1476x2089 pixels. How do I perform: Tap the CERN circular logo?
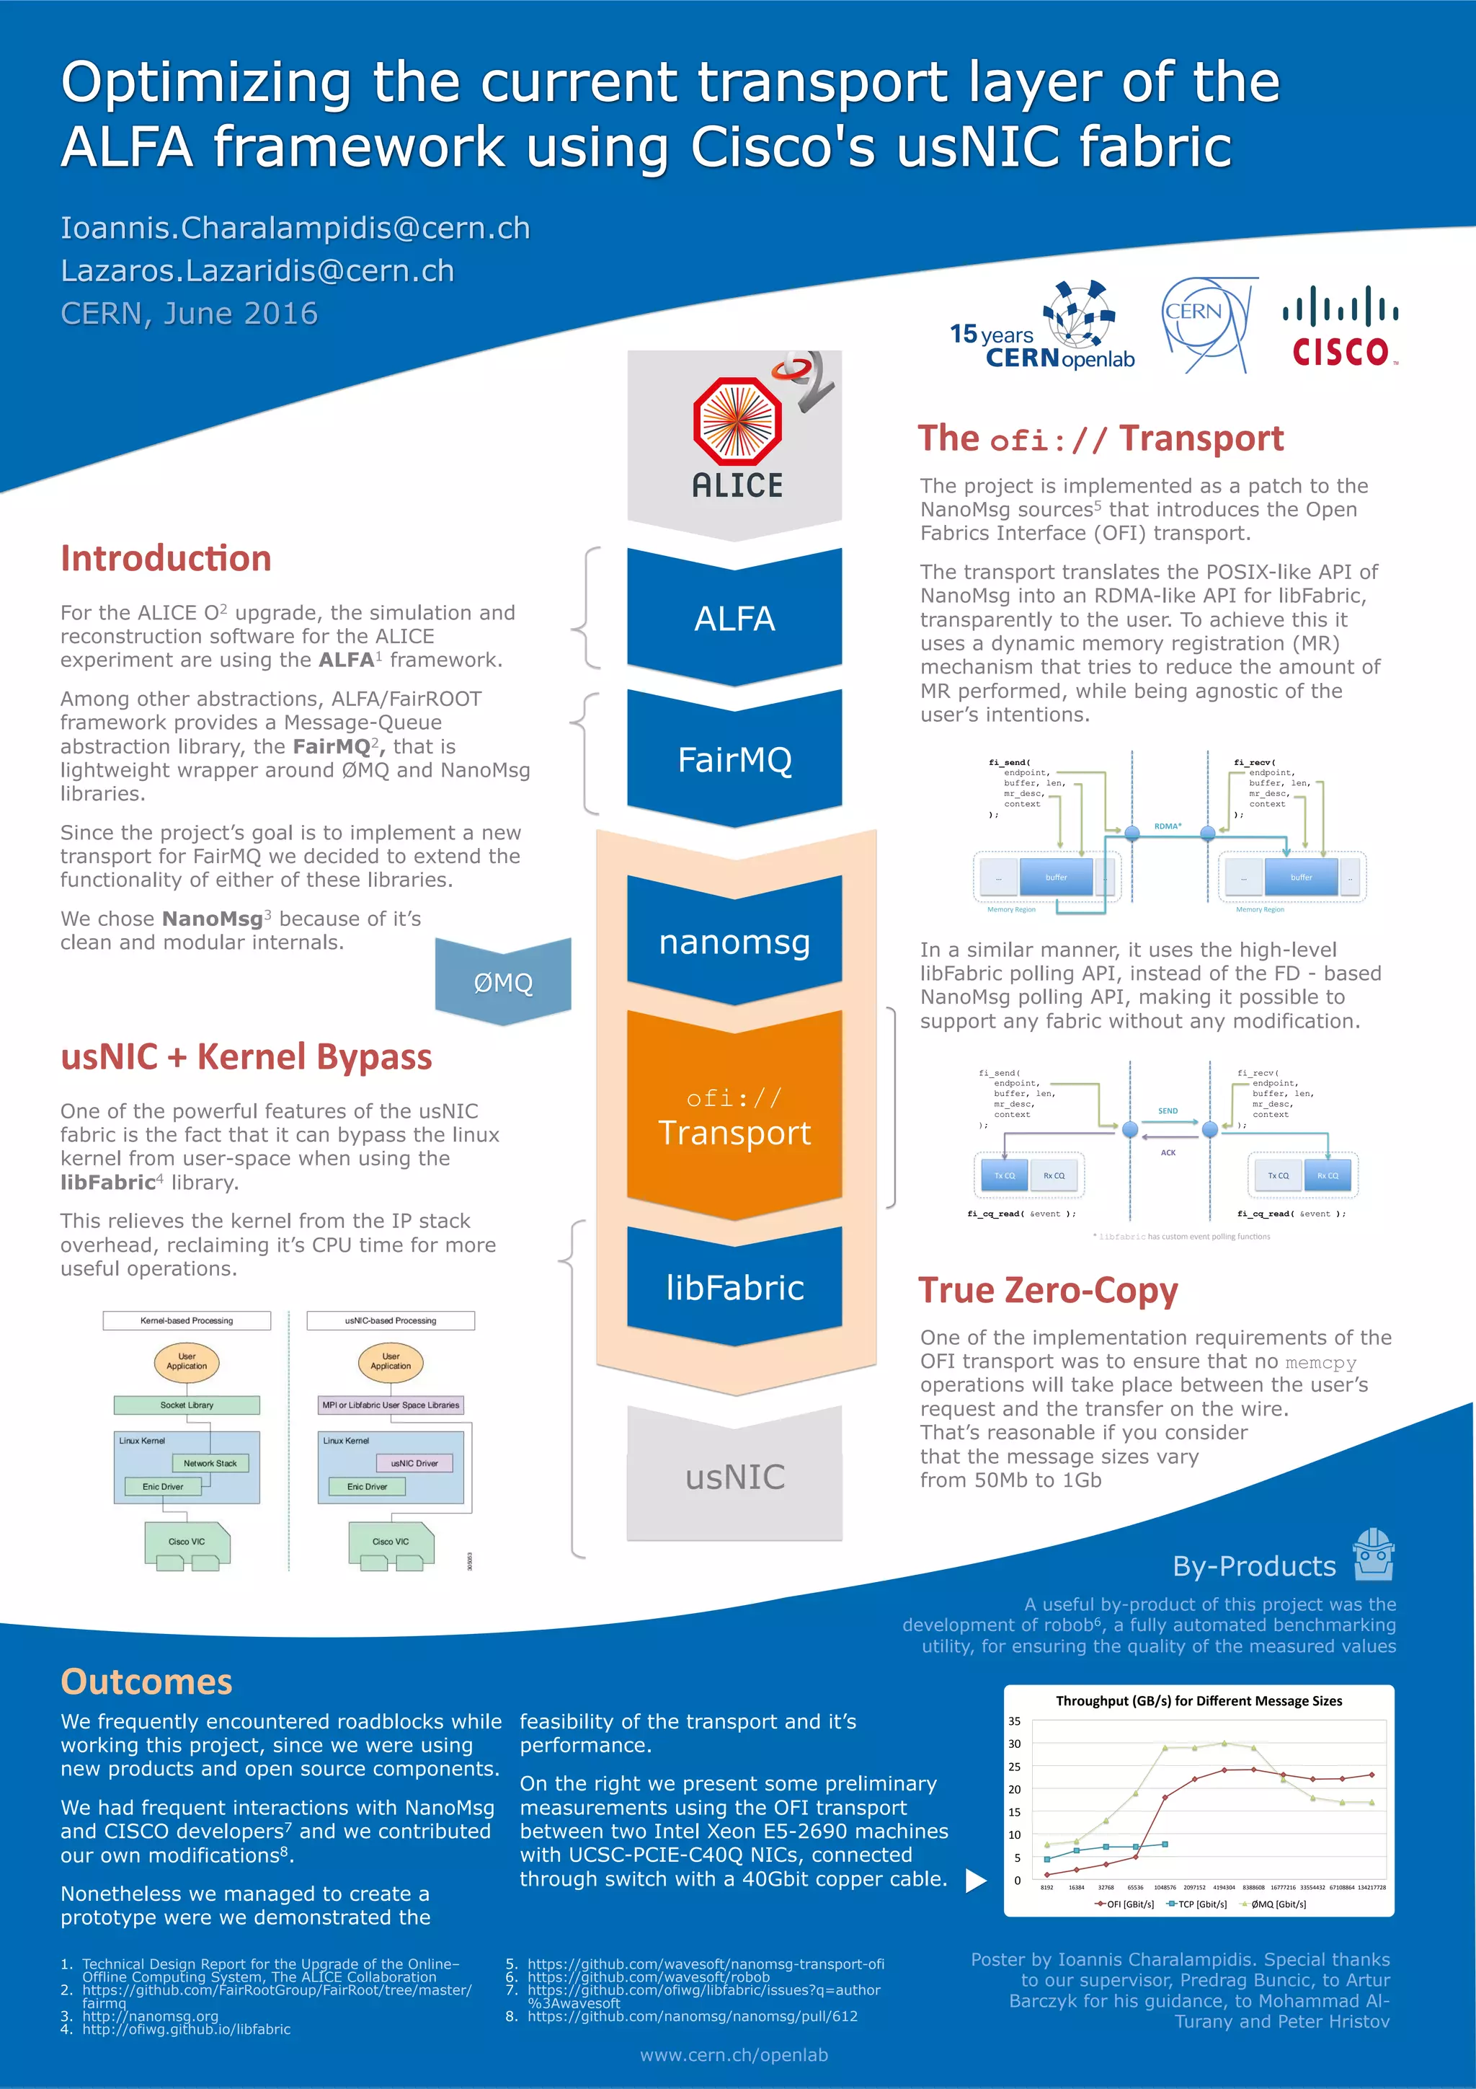[1208, 324]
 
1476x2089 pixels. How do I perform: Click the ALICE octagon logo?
[737, 421]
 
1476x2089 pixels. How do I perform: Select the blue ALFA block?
[735, 619]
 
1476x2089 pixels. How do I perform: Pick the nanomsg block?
[735, 942]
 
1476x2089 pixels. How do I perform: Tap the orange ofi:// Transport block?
[735, 1116]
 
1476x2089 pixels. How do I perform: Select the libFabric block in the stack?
[735, 1287]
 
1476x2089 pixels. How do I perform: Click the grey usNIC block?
[735, 1477]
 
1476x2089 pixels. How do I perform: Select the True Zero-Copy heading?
[1048, 1290]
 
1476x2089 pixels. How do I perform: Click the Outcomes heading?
[146, 1682]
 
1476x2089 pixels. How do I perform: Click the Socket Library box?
[187, 1405]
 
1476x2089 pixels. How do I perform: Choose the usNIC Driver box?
[414, 1463]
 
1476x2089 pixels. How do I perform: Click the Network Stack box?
[210, 1463]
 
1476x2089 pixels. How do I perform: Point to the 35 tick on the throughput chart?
[1014, 1721]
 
